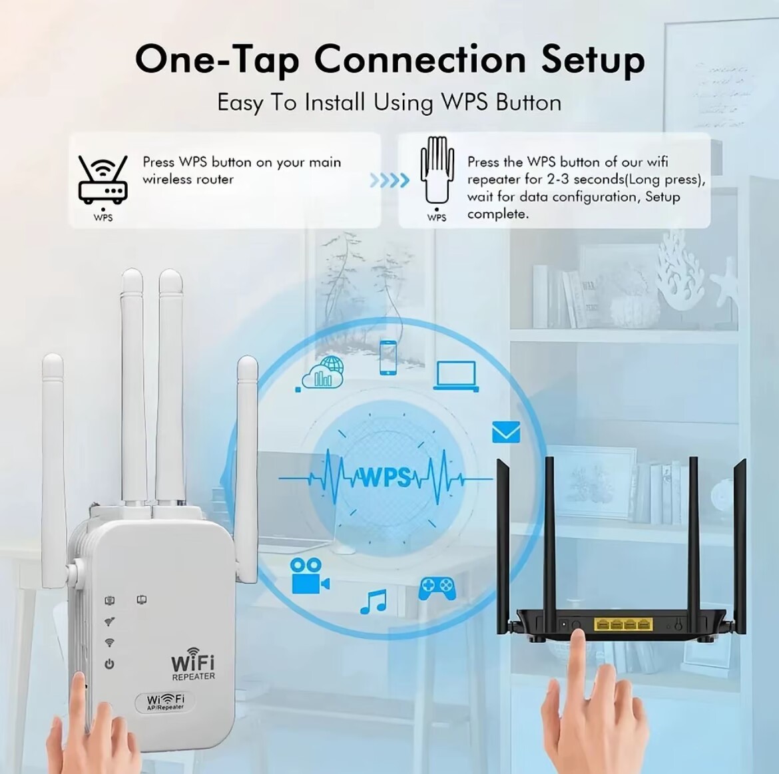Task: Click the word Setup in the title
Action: click(x=593, y=60)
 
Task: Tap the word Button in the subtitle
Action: click(x=529, y=102)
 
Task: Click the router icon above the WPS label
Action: click(x=103, y=179)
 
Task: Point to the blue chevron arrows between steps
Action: click(x=389, y=180)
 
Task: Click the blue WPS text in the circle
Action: click(x=386, y=477)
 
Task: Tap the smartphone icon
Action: click(x=388, y=357)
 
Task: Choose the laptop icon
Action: click(x=456, y=376)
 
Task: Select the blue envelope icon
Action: click(x=506, y=432)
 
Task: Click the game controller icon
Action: click(x=437, y=588)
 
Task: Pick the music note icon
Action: click(x=373, y=602)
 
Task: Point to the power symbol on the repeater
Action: click(x=109, y=664)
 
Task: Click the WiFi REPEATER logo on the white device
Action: click(x=193, y=664)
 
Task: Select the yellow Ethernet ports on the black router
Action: click(x=623, y=624)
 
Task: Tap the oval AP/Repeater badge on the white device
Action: click(x=164, y=701)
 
